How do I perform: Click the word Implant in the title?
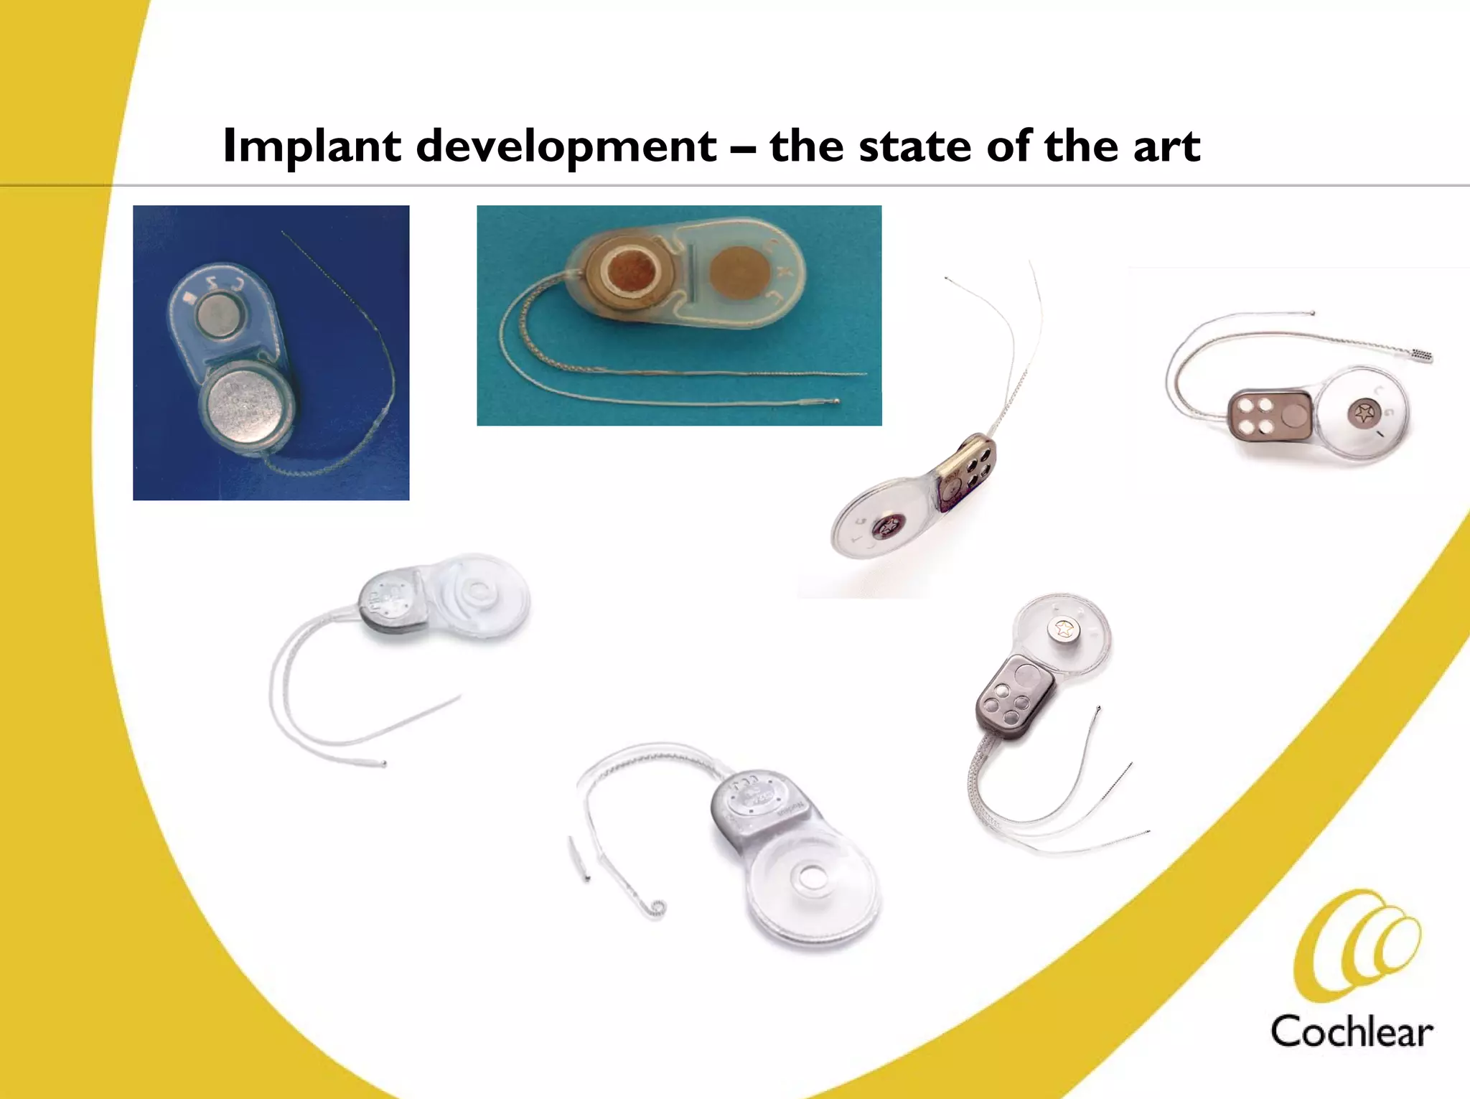click(x=312, y=146)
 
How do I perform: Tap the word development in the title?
click(x=566, y=146)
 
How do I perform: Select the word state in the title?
click(x=913, y=146)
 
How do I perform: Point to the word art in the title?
click(x=1166, y=146)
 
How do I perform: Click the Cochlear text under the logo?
click(x=1351, y=1032)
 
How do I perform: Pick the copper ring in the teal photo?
click(x=630, y=272)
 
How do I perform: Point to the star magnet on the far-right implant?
click(x=1362, y=413)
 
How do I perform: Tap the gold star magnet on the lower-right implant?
click(x=1063, y=630)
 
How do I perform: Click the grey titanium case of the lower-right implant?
click(x=1014, y=696)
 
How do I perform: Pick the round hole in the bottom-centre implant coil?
click(x=812, y=876)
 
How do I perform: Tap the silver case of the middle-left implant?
click(x=390, y=601)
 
